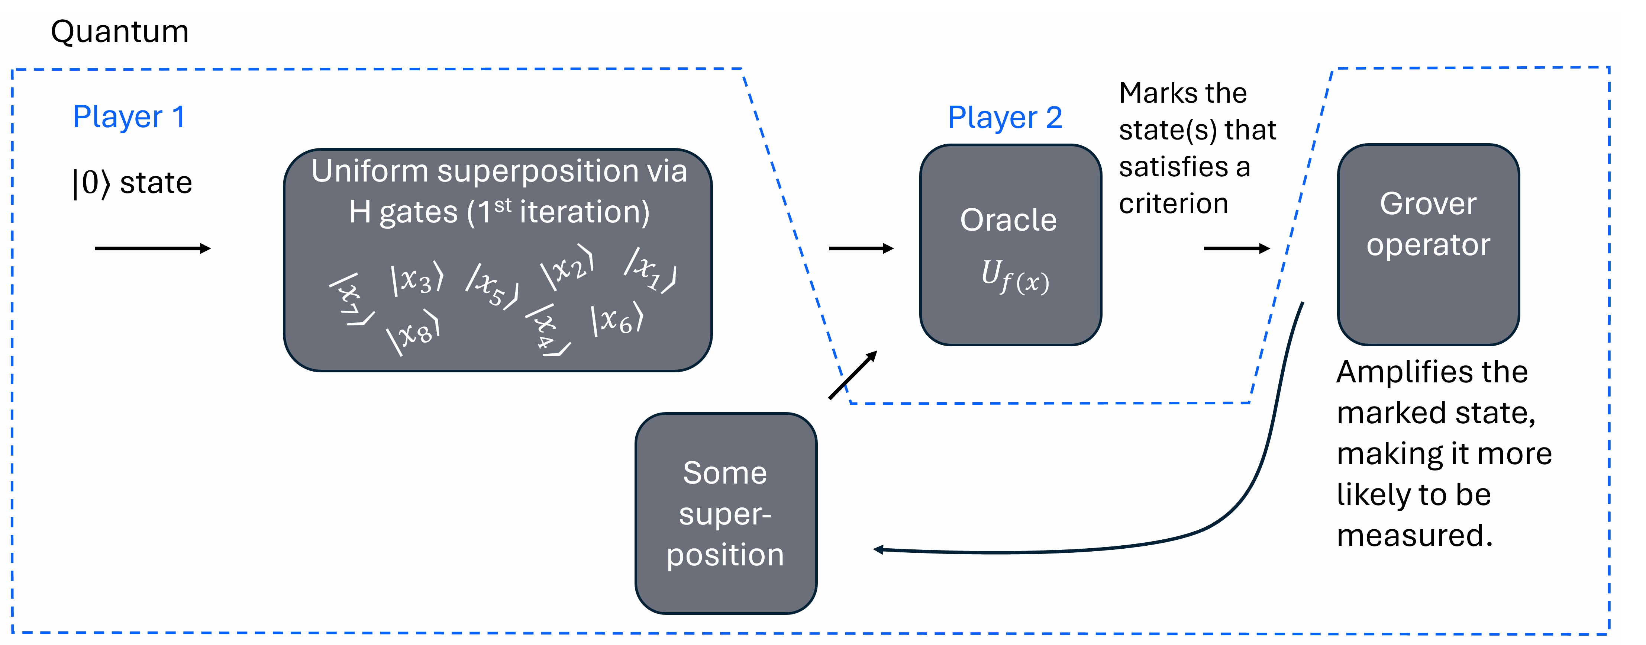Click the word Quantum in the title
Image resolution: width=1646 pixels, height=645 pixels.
click(119, 32)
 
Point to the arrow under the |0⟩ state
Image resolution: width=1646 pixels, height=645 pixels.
click(152, 249)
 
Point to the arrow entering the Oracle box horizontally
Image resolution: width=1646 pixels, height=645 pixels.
click(861, 249)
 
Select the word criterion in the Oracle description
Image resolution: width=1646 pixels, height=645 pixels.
click(1173, 204)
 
